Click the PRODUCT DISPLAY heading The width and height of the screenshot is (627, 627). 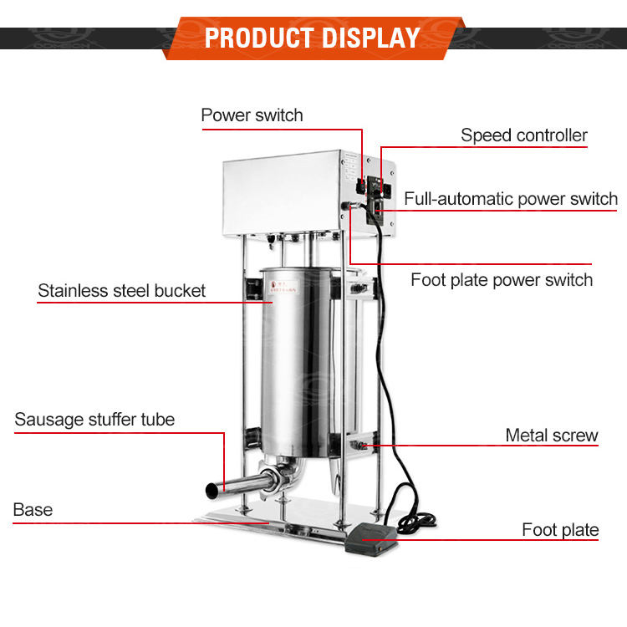[313, 37]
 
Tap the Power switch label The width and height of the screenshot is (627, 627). [252, 115]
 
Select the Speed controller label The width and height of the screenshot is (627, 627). [524, 135]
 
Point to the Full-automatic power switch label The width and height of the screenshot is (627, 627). [511, 199]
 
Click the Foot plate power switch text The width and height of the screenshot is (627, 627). [502, 279]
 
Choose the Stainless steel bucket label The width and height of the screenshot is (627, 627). [121, 291]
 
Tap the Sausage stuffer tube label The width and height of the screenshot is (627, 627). [94, 419]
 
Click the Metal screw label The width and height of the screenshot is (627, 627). [552, 435]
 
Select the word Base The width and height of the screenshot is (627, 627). [33, 509]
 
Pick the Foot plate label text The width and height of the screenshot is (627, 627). [560, 529]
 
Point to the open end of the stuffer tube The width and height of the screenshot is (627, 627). [208, 487]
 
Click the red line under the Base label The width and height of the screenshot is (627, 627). [100, 523]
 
